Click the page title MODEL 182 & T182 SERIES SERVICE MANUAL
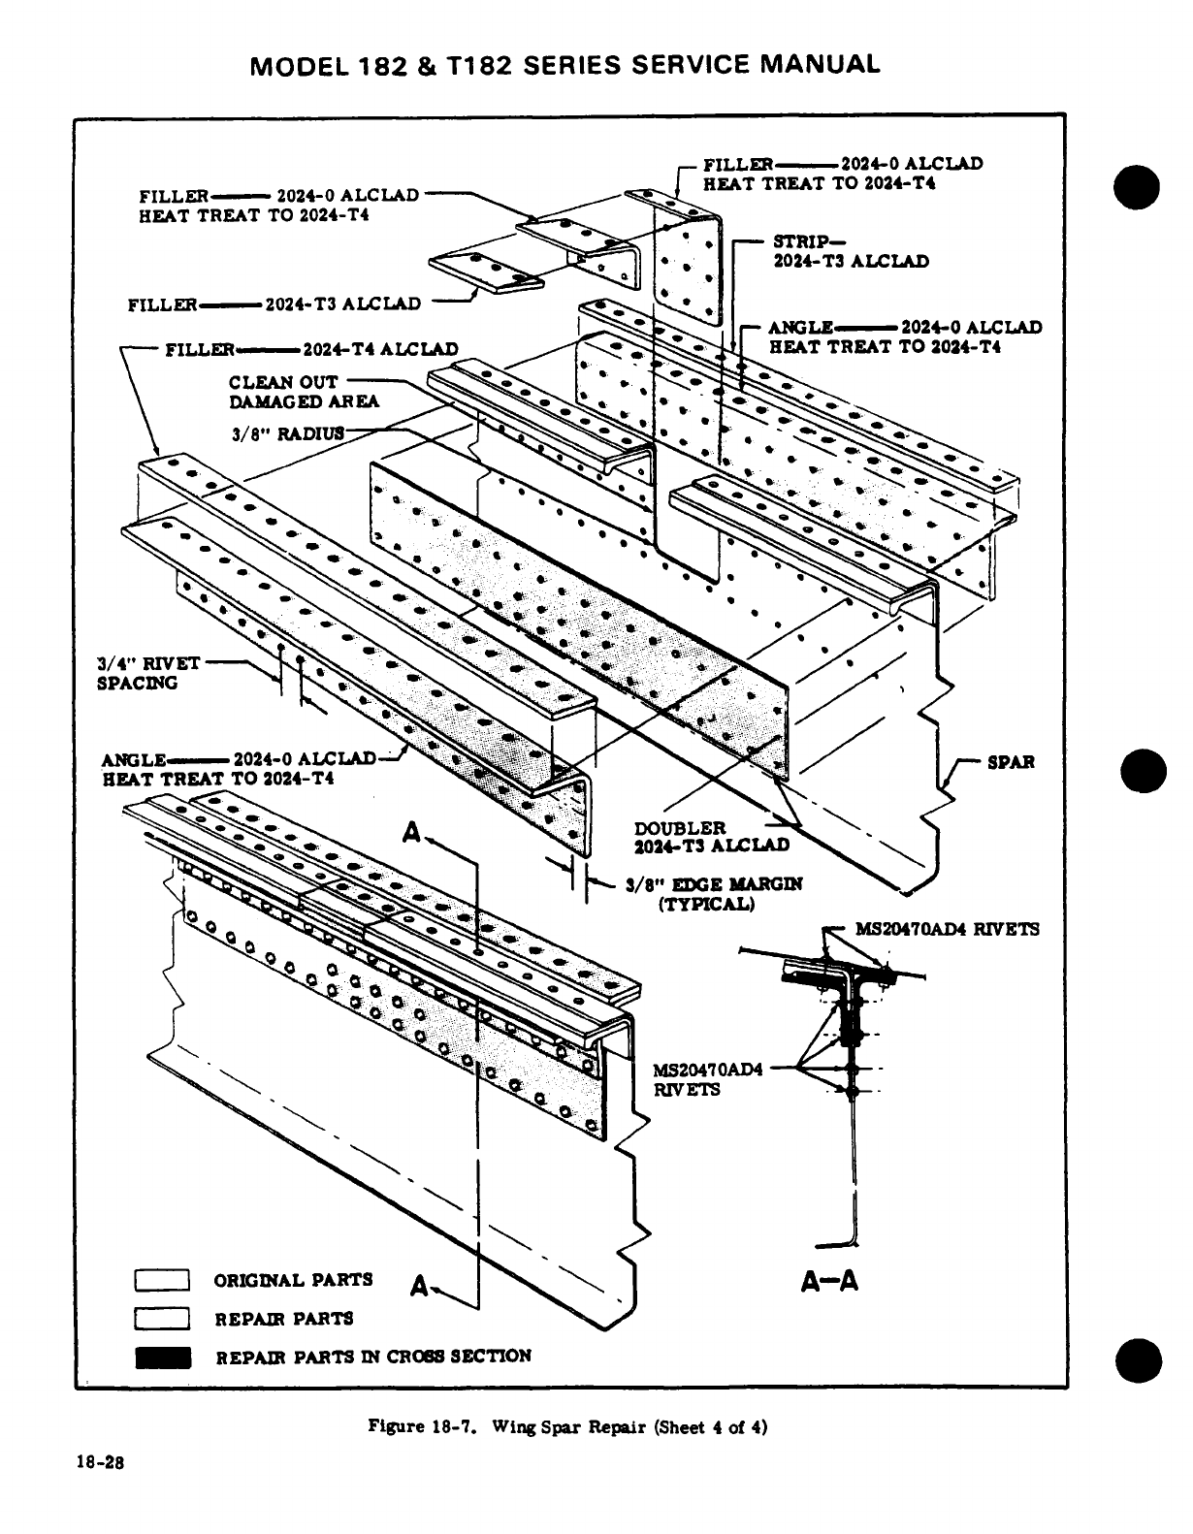click(x=564, y=65)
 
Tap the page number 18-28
click(x=100, y=1463)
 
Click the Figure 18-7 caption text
click(x=566, y=1426)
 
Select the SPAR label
click(x=1010, y=762)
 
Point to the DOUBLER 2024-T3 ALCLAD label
click(x=711, y=836)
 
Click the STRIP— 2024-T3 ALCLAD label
click(x=850, y=251)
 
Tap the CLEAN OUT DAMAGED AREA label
click(x=304, y=391)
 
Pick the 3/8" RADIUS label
click(x=288, y=432)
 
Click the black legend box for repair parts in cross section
click(x=162, y=1357)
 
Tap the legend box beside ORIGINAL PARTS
click(x=162, y=1281)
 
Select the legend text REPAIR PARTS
click(x=283, y=1319)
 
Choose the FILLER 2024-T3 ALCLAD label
click(x=274, y=304)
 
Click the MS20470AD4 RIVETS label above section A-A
click(x=946, y=929)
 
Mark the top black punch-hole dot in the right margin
click(x=1138, y=186)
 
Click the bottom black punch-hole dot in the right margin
click(x=1138, y=1361)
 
